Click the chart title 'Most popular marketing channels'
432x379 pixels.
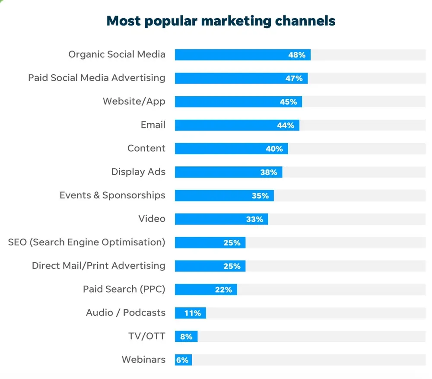pyautogui.click(x=221, y=21)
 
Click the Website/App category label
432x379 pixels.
pyautogui.click(x=134, y=102)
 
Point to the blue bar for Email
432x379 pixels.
pyautogui.click(x=225, y=125)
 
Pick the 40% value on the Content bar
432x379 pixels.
pyautogui.click(x=274, y=149)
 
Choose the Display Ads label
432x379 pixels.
pyautogui.click(x=138, y=172)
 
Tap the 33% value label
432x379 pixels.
pyautogui.click(x=254, y=219)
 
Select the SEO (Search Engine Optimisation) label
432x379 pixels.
pyautogui.click(x=86, y=242)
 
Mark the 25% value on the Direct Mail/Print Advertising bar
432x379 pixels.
pyautogui.click(x=232, y=266)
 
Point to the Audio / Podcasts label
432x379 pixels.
pyautogui.click(x=126, y=313)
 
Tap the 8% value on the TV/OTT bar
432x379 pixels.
pyautogui.click(x=186, y=337)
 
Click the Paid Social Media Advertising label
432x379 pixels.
pyautogui.click(x=97, y=78)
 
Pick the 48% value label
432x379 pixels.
pyautogui.click(x=297, y=55)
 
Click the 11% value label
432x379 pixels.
pyautogui.click(x=193, y=313)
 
